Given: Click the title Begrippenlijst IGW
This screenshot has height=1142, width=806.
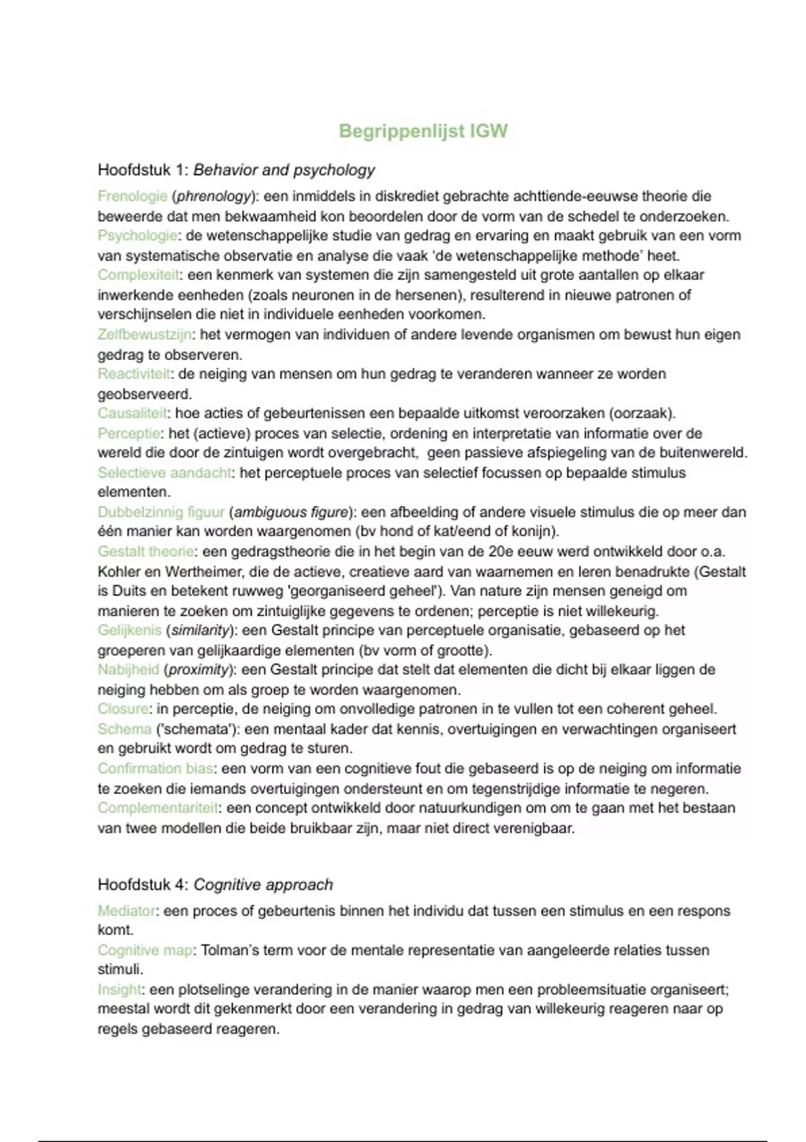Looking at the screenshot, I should pos(423,130).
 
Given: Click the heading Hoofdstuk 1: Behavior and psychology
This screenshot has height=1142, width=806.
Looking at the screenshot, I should pos(236,170).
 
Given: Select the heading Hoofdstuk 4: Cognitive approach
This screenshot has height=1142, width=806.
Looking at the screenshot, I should pos(215,885).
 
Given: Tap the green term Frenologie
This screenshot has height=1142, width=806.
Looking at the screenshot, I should pos(132,196).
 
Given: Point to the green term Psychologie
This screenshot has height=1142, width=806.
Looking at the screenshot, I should pos(138,236).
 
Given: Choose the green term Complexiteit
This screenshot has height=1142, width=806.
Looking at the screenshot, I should pos(138,275).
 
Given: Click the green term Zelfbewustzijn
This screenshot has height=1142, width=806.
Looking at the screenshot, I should pos(144,335).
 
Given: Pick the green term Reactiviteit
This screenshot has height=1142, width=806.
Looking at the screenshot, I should pos(134,374).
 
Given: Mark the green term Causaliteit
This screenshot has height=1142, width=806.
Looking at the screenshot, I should pos(132,413).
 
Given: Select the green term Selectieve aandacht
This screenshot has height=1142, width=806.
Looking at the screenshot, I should pos(165,473).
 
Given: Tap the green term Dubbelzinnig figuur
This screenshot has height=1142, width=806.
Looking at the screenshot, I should pos(161,512).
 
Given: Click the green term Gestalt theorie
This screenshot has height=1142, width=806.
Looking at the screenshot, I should pos(146,552).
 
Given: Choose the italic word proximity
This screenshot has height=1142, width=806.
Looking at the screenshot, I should pos(199,670).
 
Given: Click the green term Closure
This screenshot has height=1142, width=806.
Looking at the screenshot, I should pos(123,709).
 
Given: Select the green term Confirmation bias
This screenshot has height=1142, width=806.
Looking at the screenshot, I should pos(155,768).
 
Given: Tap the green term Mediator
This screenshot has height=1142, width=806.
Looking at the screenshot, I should pos(126,911).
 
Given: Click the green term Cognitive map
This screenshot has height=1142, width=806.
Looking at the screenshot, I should pos(145,951).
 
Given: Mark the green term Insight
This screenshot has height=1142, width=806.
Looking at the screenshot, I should pos(120,990).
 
